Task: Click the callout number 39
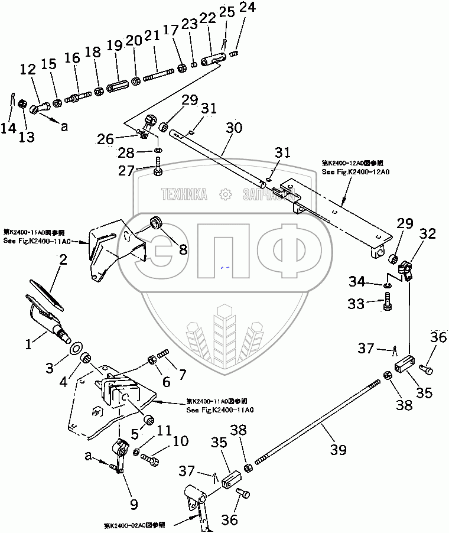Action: click(337, 451)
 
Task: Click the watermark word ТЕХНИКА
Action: click(184, 194)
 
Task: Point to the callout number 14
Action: click(8, 128)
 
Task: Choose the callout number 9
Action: click(134, 505)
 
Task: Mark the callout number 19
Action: click(114, 46)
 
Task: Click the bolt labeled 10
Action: click(152, 458)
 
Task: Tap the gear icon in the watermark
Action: click(224, 194)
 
